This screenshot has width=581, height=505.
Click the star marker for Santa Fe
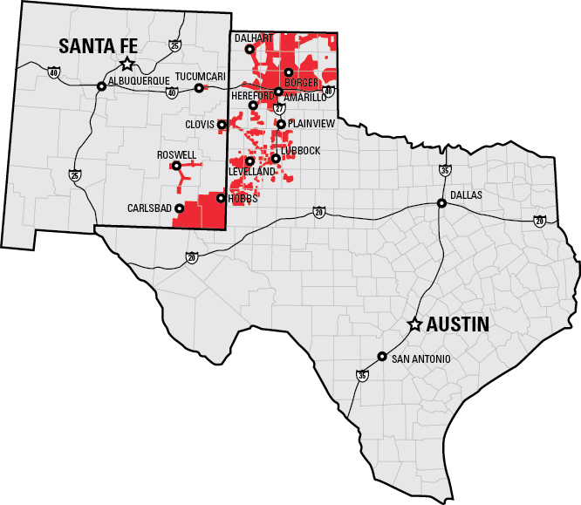click(x=127, y=63)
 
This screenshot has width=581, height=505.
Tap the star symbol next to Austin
click(x=415, y=324)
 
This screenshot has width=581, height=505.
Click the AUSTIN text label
click(x=457, y=324)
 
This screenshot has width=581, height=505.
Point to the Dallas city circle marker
click(x=442, y=203)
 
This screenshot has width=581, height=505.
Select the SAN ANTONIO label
click(x=421, y=358)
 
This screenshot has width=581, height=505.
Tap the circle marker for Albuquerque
click(x=101, y=86)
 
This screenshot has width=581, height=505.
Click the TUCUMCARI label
click(x=201, y=77)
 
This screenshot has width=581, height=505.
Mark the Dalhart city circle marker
click(x=249, y=50)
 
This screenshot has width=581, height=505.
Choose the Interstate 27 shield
click(x=279, y=108)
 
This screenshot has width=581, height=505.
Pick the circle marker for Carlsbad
click(x=179, y=208)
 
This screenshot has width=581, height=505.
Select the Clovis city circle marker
click(x=222, y=125)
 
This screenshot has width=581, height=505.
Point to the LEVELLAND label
click(x=252, y=172)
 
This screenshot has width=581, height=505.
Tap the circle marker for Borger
click(x=288, y=72)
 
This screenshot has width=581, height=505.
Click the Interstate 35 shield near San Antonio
click(x=362, y=375)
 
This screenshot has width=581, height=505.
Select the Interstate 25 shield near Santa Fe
click(x=176, y=45)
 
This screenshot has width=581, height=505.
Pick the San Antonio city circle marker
click(x=381, y=356)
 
